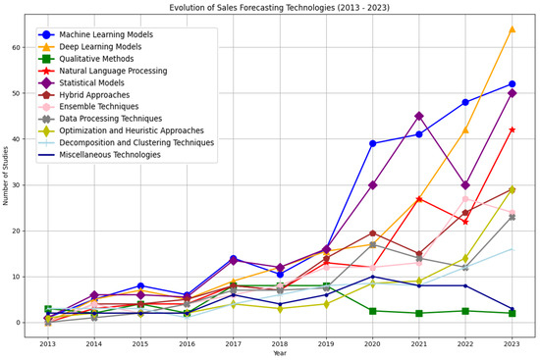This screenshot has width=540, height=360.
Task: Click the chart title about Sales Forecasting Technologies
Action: click(x=281, y=7)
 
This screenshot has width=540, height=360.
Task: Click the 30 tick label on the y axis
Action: click(x=21, y=184)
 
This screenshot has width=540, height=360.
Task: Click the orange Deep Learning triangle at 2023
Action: click(x=513, y=29)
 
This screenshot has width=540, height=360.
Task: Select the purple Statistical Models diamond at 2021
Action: click(x=419, y=116)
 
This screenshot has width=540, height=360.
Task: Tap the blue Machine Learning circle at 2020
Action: click(x=373, y=143)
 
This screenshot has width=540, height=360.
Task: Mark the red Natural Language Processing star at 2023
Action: click(x=513, y=129)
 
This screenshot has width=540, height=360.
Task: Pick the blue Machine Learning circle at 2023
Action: click(x=513, y=84)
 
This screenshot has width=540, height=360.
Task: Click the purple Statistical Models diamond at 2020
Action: click(x=373, y=184)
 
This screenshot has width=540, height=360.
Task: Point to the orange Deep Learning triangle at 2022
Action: click(x=465, y=129)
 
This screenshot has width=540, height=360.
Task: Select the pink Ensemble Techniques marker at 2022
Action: click(x=465, y=199)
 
